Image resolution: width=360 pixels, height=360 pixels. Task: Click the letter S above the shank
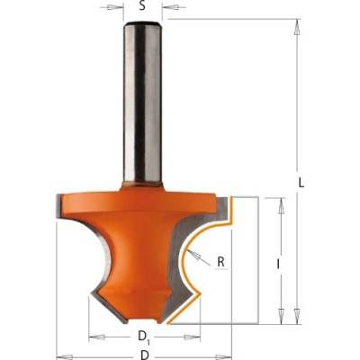click(x=142, y=6)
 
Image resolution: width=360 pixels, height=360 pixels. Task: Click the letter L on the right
click(x=301, y=183)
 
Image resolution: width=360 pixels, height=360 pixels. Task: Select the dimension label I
click(x=278, y=265)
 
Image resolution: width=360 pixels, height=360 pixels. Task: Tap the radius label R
click(x=220, y=262)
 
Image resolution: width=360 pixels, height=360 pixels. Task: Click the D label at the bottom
click(x=145, y=355)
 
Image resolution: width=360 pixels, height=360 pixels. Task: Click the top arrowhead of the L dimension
click(x=297, y=28)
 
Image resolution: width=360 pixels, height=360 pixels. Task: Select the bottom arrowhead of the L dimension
click(x=297, y=316)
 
